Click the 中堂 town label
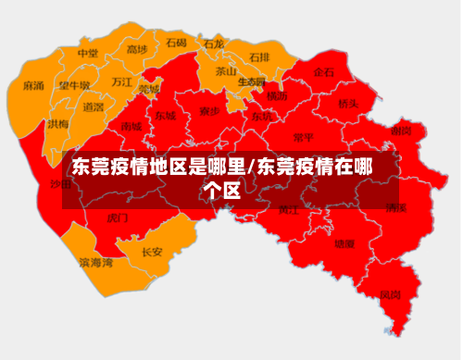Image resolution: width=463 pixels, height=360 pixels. [88, 54]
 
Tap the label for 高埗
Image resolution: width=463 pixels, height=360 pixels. [137, 50]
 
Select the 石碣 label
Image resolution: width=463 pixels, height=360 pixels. [176, 43]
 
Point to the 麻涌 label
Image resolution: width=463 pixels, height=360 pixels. [33, 86]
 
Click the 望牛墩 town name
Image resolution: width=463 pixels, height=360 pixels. [75, 86]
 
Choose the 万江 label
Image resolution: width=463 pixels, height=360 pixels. [121, 81]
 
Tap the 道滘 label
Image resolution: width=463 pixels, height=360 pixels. [93, 107]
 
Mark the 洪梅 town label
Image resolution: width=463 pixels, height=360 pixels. [58, 124]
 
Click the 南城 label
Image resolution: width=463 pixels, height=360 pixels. [131, 126]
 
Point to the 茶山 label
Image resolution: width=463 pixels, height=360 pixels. [226, 70]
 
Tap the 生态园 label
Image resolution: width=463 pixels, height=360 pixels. [251, 81]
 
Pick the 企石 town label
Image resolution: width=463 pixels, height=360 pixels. [323, 72]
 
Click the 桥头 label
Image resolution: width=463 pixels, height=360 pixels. [347, 105]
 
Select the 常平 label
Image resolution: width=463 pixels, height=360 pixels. [303, 138]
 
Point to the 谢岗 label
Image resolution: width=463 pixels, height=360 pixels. [400, 130]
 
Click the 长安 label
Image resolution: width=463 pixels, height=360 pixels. [152, 251]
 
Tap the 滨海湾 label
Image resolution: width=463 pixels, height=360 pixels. [95, 263]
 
